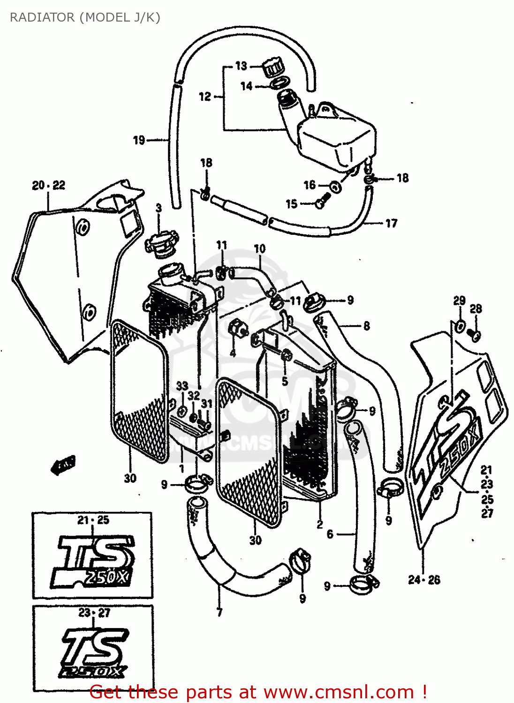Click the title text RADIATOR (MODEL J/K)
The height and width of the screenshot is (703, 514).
point(85,17)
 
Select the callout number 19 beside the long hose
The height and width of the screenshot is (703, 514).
point(139,140)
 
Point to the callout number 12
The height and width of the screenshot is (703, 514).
point(205,97)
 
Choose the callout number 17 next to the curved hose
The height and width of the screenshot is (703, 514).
point(392,223)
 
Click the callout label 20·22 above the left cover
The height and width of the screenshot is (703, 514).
point(48,185)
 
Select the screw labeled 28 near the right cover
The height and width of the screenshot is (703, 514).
point(475,335)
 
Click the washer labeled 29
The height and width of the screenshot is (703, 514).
point(460,325)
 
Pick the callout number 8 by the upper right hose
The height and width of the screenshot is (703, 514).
point(366,326)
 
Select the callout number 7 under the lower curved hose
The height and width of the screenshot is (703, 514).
point(219,612)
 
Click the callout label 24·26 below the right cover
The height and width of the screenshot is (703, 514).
point(424,580)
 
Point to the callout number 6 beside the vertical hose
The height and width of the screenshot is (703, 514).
point(330,534)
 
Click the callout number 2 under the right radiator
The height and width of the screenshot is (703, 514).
point(319,524)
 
